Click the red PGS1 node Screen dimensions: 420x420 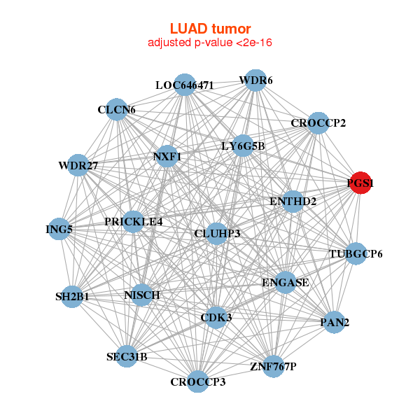coord(360,184)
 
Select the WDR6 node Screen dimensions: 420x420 coord(255,80)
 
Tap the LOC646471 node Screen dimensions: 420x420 coord(184,85)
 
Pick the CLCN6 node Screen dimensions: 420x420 coord(117,110)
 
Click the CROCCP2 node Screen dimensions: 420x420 coord(318,123)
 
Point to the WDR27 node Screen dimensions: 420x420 coord(78,166)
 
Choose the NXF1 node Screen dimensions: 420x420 coord(167,157)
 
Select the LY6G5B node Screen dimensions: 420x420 coord(243,146)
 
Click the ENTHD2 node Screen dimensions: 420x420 coord(293,202)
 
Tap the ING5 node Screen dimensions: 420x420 coord(59,229)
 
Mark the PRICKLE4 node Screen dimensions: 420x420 coord(133,222)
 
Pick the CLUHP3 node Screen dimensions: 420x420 coord(217,233)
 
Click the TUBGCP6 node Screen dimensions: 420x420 coord(356,253)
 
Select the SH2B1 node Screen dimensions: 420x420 coord(72,297)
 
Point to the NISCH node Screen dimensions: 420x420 coord(142,295)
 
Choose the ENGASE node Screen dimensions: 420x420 coord(285,283)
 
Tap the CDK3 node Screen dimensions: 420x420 coord(216,317)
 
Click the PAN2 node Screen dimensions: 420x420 coord(335,323)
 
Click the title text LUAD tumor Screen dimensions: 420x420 coord(210,29)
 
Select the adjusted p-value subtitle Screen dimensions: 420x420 coord(210,43)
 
